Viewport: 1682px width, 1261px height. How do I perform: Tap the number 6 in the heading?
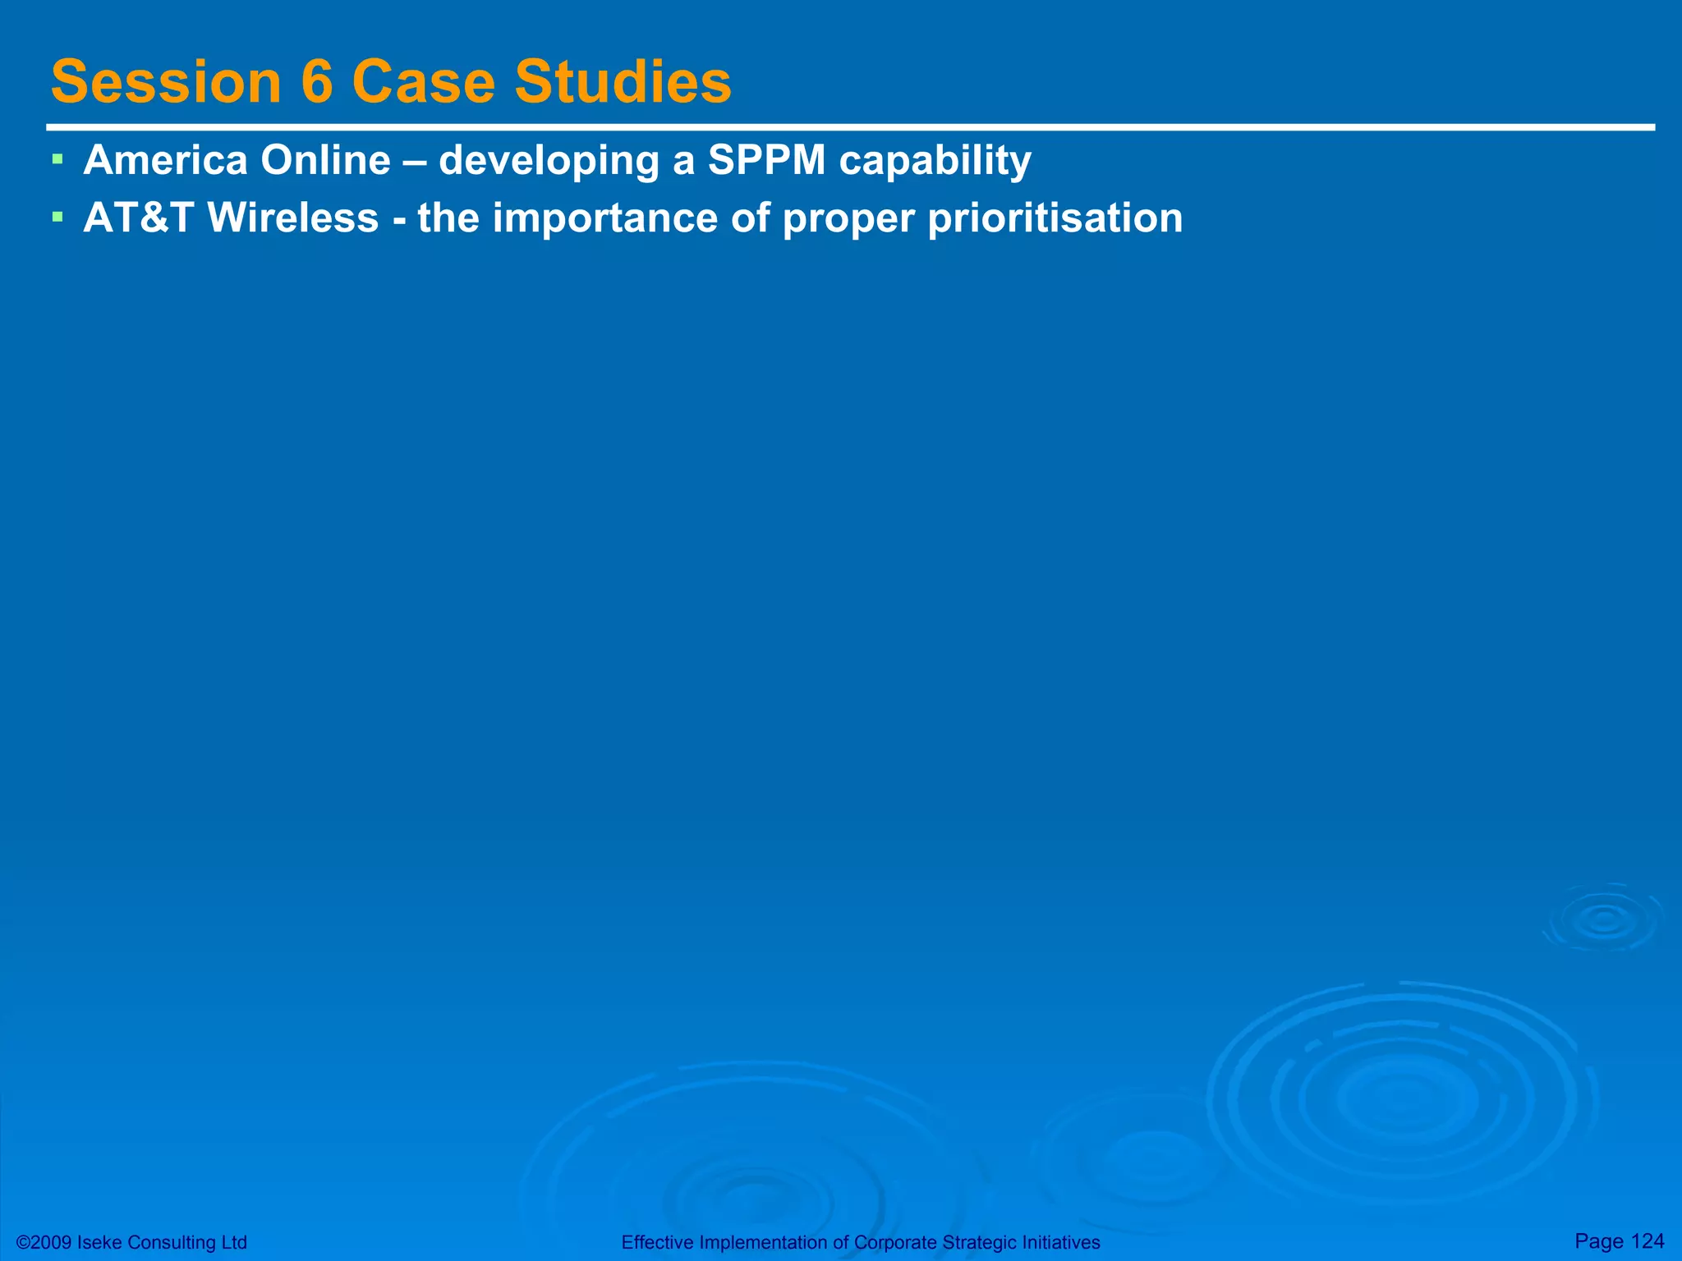tap(317, 82)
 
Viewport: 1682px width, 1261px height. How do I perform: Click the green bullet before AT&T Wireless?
tap(57, 217)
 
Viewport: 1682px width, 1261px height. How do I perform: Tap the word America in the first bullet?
tap(165, 159)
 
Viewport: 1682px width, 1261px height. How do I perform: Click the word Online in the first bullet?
tap(325, 159)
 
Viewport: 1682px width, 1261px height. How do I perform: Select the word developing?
tap(549, 161)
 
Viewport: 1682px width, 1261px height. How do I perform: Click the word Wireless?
tap(293, 218)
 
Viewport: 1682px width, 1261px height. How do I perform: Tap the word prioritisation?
tap(1055, 219)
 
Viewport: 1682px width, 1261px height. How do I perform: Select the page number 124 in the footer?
tap(1647, 1240)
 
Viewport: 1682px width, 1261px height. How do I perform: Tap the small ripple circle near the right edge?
tap(1604, 920)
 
